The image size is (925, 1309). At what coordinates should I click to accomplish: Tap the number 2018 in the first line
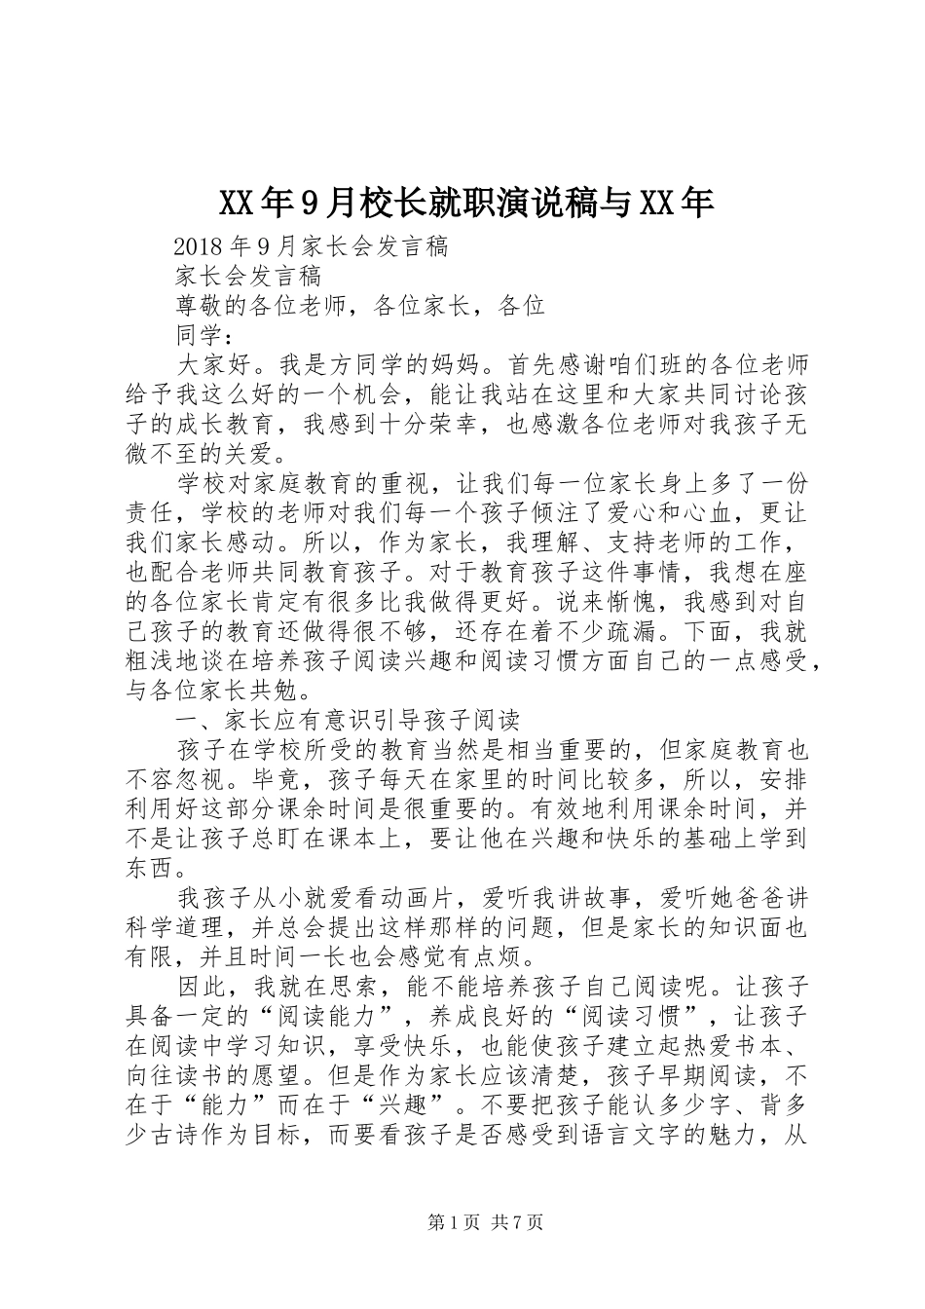(200, 247)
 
